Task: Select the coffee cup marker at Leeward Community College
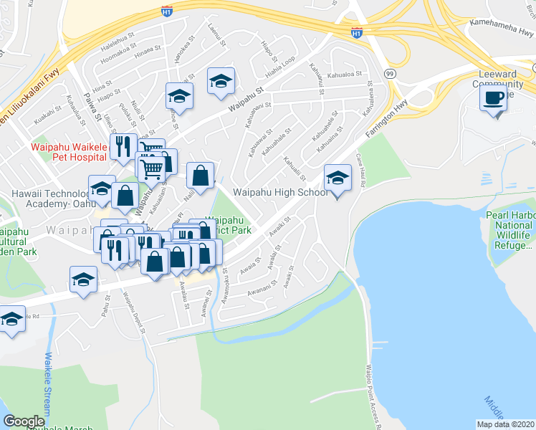tap(493, 98)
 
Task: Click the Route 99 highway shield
tap(390, 73)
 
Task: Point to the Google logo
tap(24, 421)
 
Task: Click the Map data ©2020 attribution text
tap(505, 424)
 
